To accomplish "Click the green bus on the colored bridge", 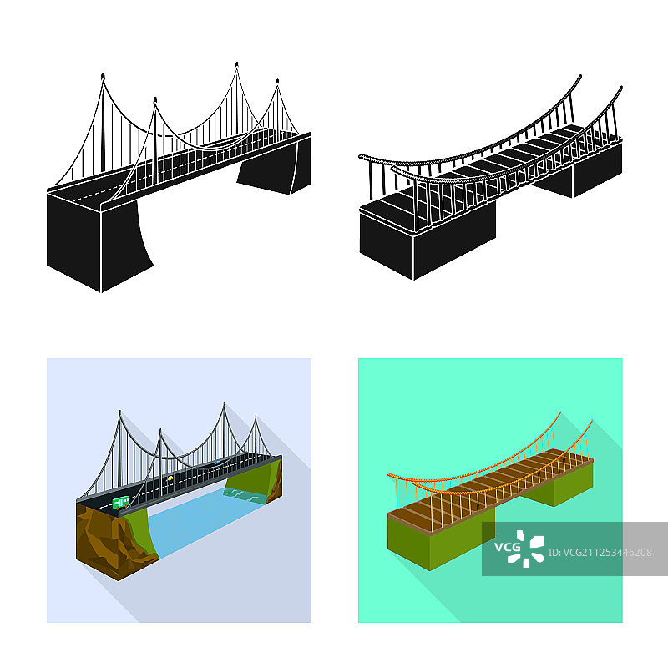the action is click(121, 503).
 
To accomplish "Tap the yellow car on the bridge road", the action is click(170, 478).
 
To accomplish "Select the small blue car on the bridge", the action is click(218, 462).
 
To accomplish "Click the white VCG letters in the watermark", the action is click(508, 547).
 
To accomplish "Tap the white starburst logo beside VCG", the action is click(527, 549).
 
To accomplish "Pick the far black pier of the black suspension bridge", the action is click(275, 166).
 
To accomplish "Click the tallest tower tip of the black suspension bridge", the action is click(237, 64).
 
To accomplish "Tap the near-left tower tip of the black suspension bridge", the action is click(103, 76).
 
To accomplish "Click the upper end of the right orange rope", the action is click(592, 421).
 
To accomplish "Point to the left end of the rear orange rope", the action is click(388, 474).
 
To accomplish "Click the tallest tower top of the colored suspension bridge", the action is click(224, 403).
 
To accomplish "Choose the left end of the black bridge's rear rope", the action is click(361, 156).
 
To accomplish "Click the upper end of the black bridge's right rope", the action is click(621, 88).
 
